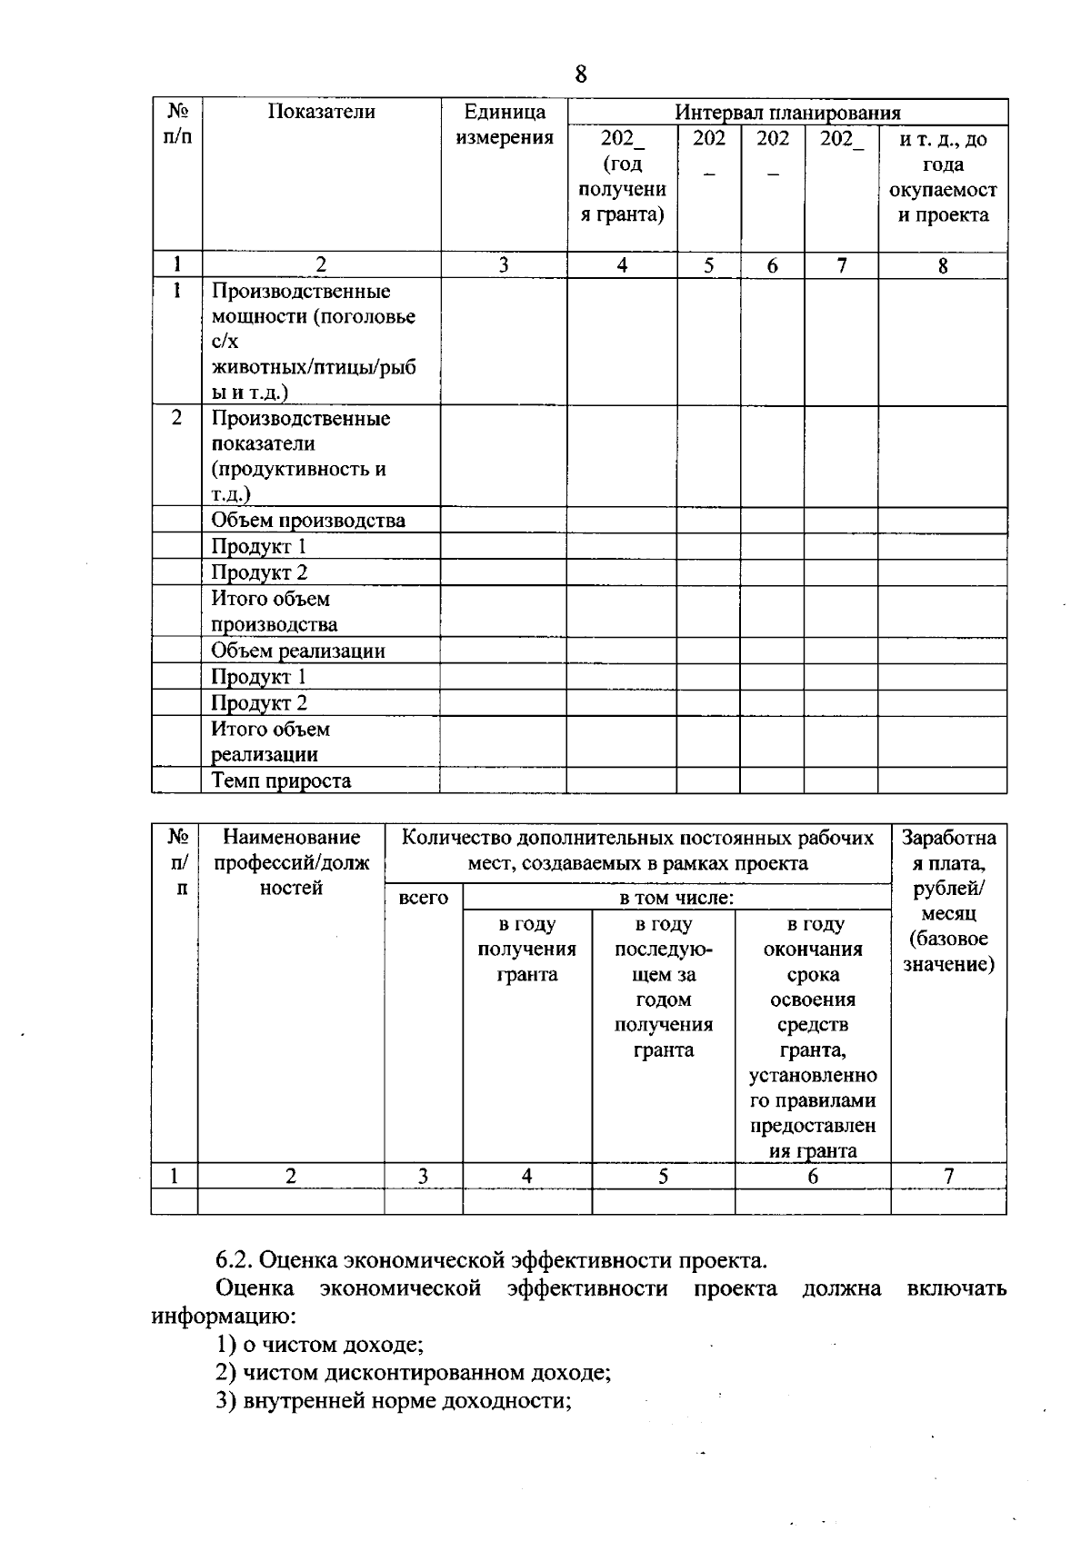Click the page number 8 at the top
click(x=581, y=75)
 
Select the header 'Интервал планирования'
click(x=786, y=113)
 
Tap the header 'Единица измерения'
click(x=505, y=124)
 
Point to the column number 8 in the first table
click(x=943, y=265)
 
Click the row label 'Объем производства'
click(x=308, y=521)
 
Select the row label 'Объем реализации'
click(x=298, y=651)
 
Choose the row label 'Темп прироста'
click(x=281, y=780)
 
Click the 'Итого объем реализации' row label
click(x=270, y=741)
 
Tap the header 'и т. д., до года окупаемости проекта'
click(x=943, y=177)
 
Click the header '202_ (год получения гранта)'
click(x=622, y=177)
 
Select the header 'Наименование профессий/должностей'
click(x=291, y=862)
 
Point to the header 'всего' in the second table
click(x=424, y=898)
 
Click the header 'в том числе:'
click(x=676, y=898)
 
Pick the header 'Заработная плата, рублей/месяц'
click(x=948, y=900)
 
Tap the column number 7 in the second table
click(x=948, y=1176)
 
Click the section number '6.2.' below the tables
click(x=235, y=1260)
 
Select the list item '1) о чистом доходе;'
click(x=319, y=1344)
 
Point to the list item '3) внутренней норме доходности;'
click(x=393, y=1400)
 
